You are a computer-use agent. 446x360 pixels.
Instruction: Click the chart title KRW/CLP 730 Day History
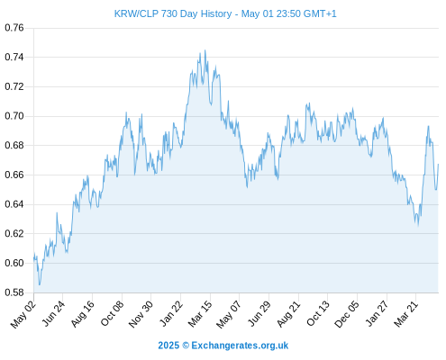(173, 13)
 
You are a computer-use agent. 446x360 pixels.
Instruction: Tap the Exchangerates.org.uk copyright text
(223, 346)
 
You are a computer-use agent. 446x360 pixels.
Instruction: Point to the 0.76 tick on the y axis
(14, 28)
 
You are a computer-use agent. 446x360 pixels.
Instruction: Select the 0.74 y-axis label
(14, 57)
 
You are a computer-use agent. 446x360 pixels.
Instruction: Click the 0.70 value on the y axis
(14, 116)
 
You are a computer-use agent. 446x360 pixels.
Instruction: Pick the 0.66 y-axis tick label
(14, 175)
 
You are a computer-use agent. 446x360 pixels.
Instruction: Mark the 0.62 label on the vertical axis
(14, 233)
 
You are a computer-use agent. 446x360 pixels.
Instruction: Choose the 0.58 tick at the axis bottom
(14, 292)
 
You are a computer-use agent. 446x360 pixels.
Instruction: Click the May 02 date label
(23, 314)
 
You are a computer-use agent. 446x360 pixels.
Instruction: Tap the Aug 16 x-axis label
(83, 314)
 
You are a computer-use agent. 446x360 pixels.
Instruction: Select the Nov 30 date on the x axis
(141, 314)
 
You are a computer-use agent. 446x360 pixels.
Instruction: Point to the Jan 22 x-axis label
(171, 314)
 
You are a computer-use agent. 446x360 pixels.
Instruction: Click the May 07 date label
(229, 314)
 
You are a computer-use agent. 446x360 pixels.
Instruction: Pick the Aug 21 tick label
(288, 314)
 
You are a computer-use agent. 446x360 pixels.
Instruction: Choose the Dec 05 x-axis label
(347, 314)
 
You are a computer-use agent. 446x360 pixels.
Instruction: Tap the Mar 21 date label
(406, 314)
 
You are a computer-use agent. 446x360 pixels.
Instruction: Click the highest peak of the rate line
(205, 50)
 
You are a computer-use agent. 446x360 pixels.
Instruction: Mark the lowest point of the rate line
(40, 284)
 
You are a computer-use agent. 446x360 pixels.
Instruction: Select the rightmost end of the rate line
(438, 164)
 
